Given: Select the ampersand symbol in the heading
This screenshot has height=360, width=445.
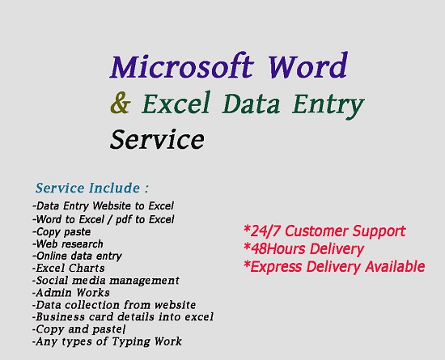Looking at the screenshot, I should (121, 104).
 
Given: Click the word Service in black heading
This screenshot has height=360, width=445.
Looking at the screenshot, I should (157, 139).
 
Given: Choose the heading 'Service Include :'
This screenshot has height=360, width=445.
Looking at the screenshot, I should (92, 188).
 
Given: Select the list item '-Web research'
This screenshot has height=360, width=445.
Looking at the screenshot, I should (68, 244).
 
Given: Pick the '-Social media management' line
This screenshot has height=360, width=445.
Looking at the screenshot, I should (105, 280).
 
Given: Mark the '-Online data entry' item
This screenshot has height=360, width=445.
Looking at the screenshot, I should (77, 256).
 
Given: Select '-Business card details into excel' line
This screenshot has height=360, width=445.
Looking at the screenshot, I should (122, 317).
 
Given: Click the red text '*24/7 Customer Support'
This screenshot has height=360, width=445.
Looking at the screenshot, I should (324, 231).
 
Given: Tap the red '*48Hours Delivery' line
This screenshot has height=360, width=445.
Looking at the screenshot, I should (303, 248).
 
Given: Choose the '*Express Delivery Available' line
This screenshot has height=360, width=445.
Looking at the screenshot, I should (333, 266).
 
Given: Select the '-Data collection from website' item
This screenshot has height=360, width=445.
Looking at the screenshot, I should (114, 305).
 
